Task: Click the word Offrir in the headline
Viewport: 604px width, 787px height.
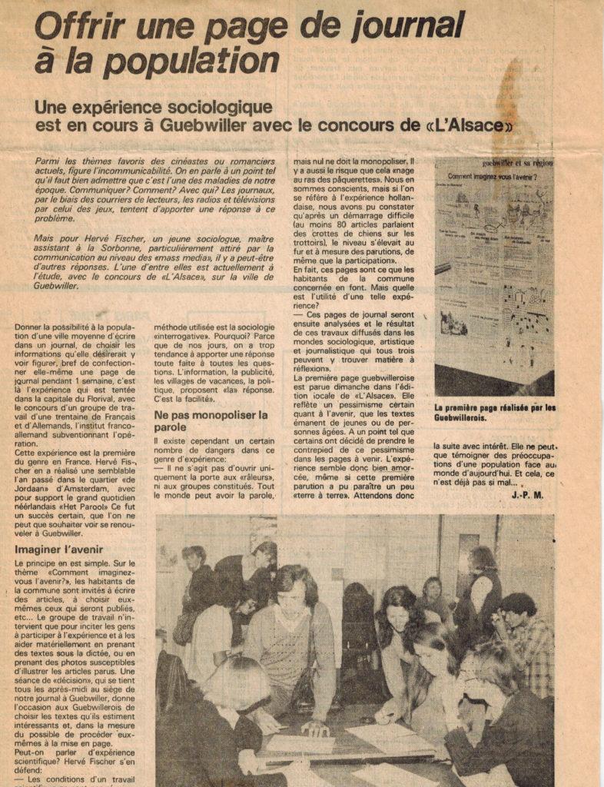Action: click(70, 28)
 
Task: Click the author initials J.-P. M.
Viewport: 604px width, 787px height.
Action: click(528, 496)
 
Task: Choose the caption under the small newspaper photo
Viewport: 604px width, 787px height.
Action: click(495, 413)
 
